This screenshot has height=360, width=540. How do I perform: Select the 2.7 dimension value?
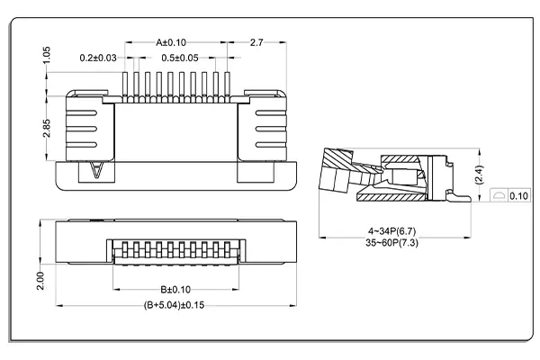click(x=256, y=42)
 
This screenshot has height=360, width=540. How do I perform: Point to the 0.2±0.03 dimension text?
click(x=98, y=58)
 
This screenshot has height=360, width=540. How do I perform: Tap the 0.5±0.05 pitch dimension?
click(x=180, y=58)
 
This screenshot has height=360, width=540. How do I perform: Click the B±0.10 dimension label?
click(x=175, y=289)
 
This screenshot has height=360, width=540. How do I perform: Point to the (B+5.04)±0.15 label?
click(x=175, y=305)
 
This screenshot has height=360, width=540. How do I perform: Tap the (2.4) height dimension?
click(x=480, y=171)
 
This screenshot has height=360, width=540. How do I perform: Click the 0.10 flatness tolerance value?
click(x=518, y=195)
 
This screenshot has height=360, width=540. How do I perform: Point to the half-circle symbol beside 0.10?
click(x=499, y=195)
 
